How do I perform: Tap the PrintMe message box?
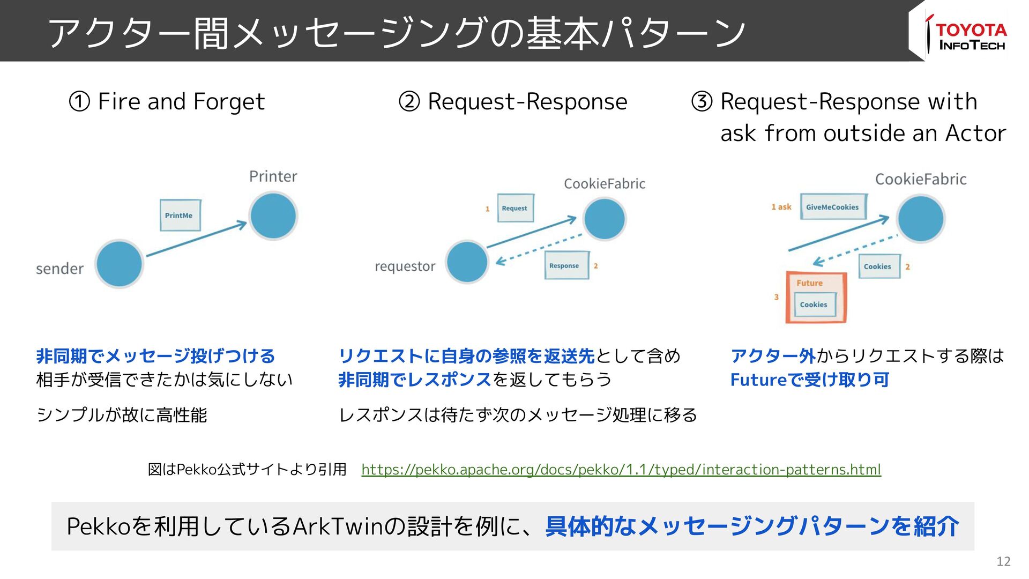point(180,216)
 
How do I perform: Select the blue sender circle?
point(119,264)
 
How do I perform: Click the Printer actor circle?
point(273,216)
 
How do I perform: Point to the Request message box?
point(515,208)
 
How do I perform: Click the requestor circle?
point(467,262)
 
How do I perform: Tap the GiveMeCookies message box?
point(833,207)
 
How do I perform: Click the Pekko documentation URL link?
point(621,470)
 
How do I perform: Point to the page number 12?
point(1003,561)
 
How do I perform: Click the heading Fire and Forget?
point(181,101)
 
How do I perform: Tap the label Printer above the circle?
point(273,176)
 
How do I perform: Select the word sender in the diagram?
point(59,269)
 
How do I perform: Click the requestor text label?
point(405,266)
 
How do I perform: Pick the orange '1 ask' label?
point(781,207)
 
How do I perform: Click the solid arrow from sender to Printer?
point(196,239)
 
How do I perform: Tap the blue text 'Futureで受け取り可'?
point(809,380)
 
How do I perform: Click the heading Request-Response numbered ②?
point(527,101)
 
